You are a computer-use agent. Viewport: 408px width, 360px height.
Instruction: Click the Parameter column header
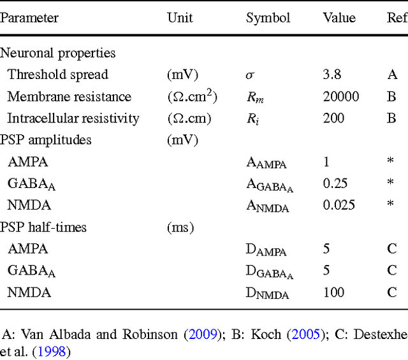pos(29,17)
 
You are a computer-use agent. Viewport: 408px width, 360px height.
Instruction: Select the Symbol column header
pos(268,17)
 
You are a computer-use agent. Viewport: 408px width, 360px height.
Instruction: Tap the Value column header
pos(339,17)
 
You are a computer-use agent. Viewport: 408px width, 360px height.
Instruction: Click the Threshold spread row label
pos(58,75)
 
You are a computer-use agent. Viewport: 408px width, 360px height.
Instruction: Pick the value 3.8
pos(331,75)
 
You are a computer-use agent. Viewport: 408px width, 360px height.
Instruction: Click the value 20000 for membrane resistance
pos(341,97)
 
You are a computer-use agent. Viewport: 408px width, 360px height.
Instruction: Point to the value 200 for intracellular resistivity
pos(333,119)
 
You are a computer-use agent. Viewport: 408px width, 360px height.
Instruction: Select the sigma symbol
pos(250,75)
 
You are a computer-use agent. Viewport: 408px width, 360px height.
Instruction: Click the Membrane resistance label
pos(69,97)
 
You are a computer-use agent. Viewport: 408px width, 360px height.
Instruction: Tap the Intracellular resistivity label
pos(73,119)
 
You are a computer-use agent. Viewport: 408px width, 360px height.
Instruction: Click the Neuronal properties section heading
pos(58,53)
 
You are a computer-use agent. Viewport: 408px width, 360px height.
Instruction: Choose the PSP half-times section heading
pos(43,227)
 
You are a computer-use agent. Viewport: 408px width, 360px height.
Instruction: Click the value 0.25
pos(335,184)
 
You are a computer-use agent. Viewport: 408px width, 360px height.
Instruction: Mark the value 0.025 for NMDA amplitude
pos(339,205)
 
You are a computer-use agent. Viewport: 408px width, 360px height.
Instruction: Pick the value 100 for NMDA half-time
pos(333,292)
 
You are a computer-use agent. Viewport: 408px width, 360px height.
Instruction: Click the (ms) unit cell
pos(180,227)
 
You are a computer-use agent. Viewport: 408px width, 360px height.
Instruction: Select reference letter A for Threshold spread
pos(392,75)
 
